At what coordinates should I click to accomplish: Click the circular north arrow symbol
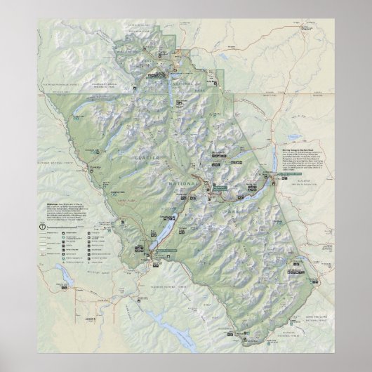tap(42, 226)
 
